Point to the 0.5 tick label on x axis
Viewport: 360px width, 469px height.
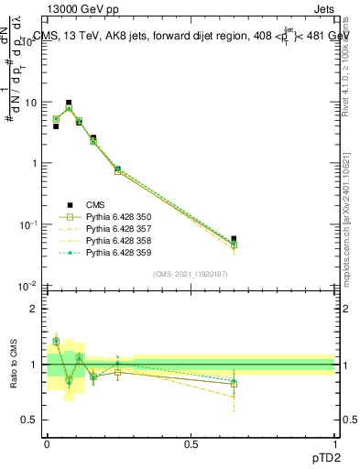pyautogui.click(x=191, y=443)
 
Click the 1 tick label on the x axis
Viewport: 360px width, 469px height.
pyautogui.click(x=334, y=443)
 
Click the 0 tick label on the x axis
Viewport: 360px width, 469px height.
pyautogui.click(x=47, y=443)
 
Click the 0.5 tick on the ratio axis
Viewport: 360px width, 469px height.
pyautogui.click(x=30, y=420)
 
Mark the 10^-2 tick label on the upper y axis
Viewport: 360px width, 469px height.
pyautogui.click(x=27, y=286)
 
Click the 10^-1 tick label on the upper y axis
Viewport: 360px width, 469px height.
pyautogui.click(x=27, y=224)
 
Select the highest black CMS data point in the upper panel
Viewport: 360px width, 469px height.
pyautogui.click(x=69, y=104)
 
